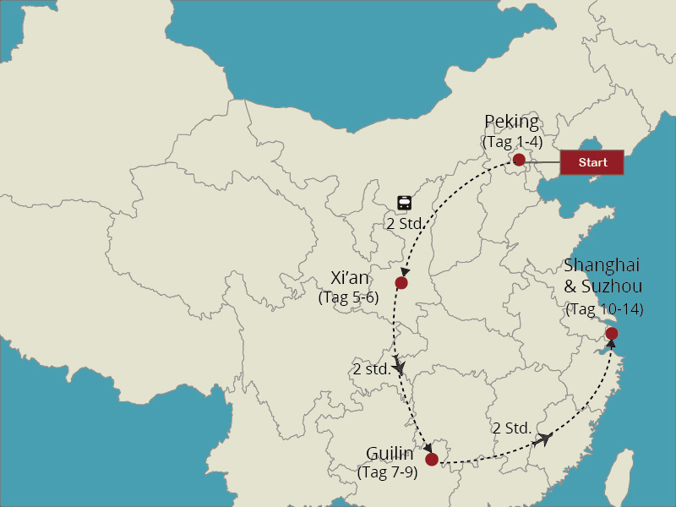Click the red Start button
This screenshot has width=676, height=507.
tap(591, 162)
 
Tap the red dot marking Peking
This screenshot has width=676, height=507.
tap(519, 160)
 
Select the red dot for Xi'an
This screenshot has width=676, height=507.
tap(401, 282)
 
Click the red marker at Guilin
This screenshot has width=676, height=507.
tap(432, 459)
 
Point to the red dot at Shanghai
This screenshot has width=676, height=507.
tap(611, 334)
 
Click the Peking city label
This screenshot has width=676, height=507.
tap(511, 122)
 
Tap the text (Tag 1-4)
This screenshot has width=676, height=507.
tap(512, 141)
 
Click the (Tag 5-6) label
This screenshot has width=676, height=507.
tap(349, 297)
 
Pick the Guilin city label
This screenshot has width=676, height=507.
tap(390, 454)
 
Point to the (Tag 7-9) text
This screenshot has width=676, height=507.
tap(388, 472)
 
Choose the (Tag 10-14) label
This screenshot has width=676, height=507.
tap(604, 308)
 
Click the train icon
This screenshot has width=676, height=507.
tap(405, 203)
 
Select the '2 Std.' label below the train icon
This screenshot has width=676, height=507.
tap(404, 224)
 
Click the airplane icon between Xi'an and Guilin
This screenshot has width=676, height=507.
tap(401, 364)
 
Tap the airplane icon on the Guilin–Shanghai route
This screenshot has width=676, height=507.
tap(545, 439)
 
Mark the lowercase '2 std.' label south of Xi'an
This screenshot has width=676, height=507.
tap(372, 369)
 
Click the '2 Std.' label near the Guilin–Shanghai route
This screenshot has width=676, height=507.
tap(512, 428)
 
